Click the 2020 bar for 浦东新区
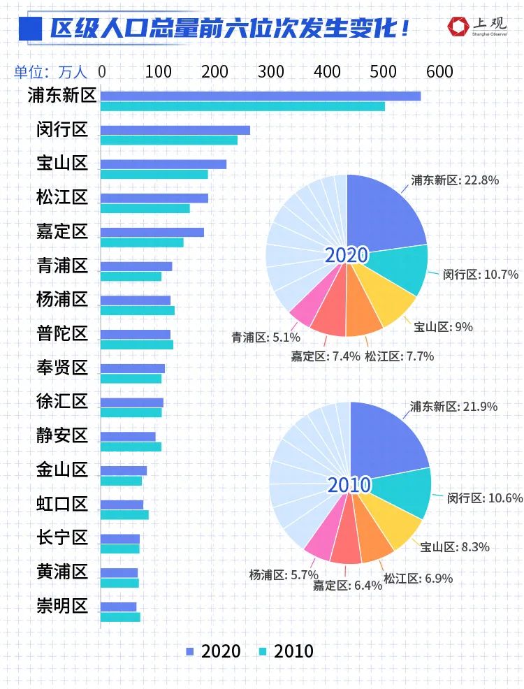(x=261, y=96)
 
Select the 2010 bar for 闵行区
(x=169, y=140)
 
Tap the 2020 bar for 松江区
(x=154, y=198)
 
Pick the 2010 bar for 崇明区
(x=120, y=617)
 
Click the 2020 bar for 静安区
(x=128, y=436)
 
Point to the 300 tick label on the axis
(x=271, y=72)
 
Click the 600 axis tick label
(x=439, y=72)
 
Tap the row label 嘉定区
(x=62, y=231)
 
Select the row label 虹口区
(x=62, y=504)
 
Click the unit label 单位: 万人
(x=52, y=72)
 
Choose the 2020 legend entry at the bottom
(x=213, y=652)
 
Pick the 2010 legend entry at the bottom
(x=286, y=652)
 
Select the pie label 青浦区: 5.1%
(x=266, y=338)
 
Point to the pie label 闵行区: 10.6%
(x=485, y=498)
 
